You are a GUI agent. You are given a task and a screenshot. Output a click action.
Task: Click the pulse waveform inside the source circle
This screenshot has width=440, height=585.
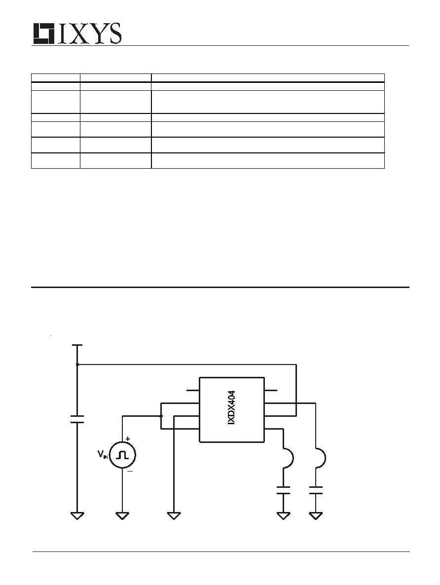point(122,455)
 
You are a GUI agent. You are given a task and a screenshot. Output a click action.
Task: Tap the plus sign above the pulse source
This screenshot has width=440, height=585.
point(128,439)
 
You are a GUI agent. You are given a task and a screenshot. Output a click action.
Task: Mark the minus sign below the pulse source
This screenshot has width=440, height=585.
point(129,471)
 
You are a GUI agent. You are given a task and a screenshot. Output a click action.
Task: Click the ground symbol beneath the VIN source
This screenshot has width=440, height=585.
point(122,516)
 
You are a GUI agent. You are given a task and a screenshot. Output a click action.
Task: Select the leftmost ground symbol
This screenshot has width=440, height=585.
point(77,516)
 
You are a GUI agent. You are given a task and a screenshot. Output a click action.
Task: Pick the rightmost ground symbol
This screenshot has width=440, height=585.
point(316,516)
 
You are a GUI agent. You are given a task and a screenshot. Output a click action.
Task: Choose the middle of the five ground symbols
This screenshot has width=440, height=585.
point(174,516)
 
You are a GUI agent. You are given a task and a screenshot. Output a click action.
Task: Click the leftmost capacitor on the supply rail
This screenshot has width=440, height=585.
point(77,419)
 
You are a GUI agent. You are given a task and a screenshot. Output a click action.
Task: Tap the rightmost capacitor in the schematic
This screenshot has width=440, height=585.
point(316,490)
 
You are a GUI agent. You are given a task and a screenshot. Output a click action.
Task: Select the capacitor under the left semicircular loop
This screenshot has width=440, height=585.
point(283,490)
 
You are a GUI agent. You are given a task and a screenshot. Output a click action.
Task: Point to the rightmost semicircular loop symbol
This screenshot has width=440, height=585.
point(321,457)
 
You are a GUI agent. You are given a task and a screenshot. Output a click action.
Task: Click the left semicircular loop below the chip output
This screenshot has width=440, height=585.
point(289,457)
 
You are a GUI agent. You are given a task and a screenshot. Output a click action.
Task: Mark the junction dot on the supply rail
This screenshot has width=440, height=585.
point(77,364)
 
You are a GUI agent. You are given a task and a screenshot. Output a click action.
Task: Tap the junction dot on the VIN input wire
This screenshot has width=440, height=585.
point(161,416)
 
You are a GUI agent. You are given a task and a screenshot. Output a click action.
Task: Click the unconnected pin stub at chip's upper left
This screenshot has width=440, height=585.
point(193,391)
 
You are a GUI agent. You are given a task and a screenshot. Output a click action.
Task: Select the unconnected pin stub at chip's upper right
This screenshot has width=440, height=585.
point(271,391)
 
